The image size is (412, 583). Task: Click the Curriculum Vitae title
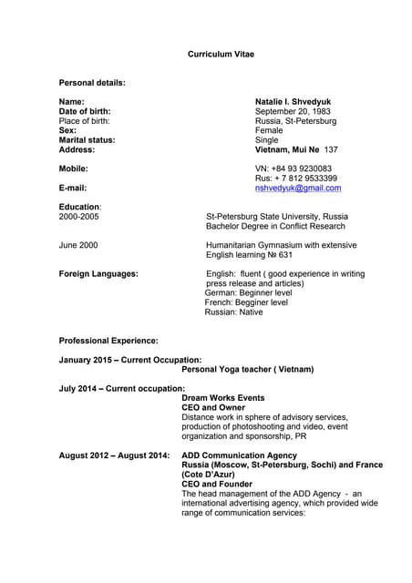point(221,55)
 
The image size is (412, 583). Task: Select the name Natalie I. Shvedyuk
point(293,102)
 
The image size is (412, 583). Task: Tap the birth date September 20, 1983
point(293,111)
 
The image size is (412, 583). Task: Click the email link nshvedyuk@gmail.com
point(297,188)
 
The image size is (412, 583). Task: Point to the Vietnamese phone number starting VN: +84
point(293,169)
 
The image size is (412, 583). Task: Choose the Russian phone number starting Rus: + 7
point(295,179)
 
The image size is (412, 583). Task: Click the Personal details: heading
point(92,83)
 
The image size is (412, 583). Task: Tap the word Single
point(266,140)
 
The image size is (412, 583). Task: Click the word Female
point(268,130)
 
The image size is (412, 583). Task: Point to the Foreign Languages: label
point(98,273)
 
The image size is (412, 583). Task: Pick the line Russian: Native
point(233,312)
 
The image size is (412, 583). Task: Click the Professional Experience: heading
point(108,341)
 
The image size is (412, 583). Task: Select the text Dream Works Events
point(223,398)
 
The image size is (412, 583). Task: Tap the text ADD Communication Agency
point(239,455)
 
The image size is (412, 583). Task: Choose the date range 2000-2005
point(79,217)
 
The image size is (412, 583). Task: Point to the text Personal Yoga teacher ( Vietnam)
point(247,369)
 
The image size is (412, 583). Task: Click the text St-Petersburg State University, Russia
point(276,217)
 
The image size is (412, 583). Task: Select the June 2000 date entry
point(78,245)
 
